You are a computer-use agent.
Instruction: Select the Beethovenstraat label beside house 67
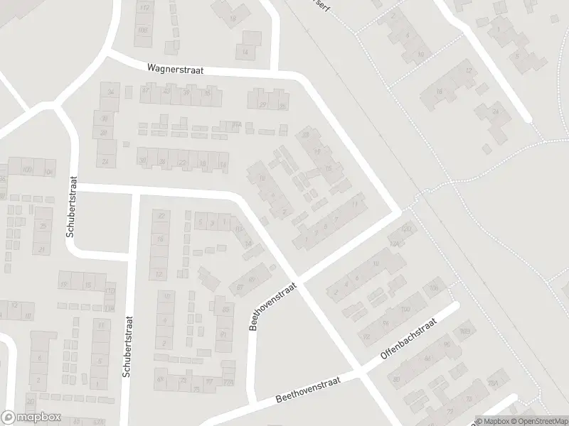tap(262, 306)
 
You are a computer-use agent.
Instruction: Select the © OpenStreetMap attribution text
tap(538, 420)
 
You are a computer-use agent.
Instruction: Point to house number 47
tap(147, 90)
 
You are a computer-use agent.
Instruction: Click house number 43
tap(168, 91)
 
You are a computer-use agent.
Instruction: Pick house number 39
tap(186, 92)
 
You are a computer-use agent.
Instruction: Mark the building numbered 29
tap(262, 105)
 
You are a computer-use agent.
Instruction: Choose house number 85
tap(225, 310)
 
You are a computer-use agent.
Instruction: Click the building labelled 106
tap(433, 288)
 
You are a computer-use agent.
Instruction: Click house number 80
tap(396, 380)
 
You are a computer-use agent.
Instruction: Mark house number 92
tap(367, 336)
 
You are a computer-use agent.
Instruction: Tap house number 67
tap(240, 286)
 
